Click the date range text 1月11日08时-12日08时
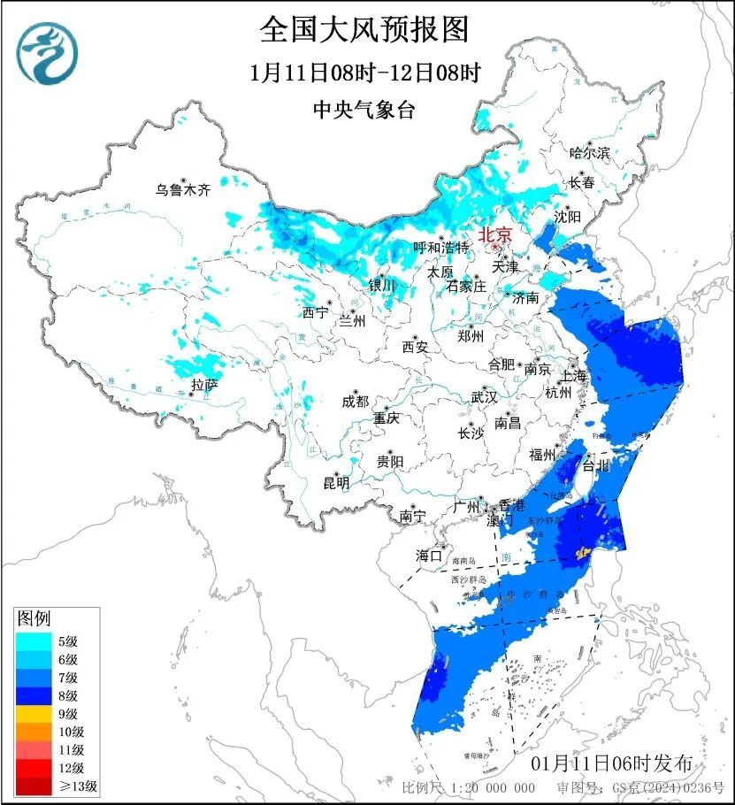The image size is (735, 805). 364,73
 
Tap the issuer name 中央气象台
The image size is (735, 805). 364,110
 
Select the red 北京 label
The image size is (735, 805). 494,235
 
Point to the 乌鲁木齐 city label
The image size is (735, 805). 183,189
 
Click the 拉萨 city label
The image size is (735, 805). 204,384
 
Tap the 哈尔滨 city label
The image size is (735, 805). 589,153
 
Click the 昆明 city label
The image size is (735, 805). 336,483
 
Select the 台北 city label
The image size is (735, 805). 595,464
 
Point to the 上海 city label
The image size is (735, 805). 573,375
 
